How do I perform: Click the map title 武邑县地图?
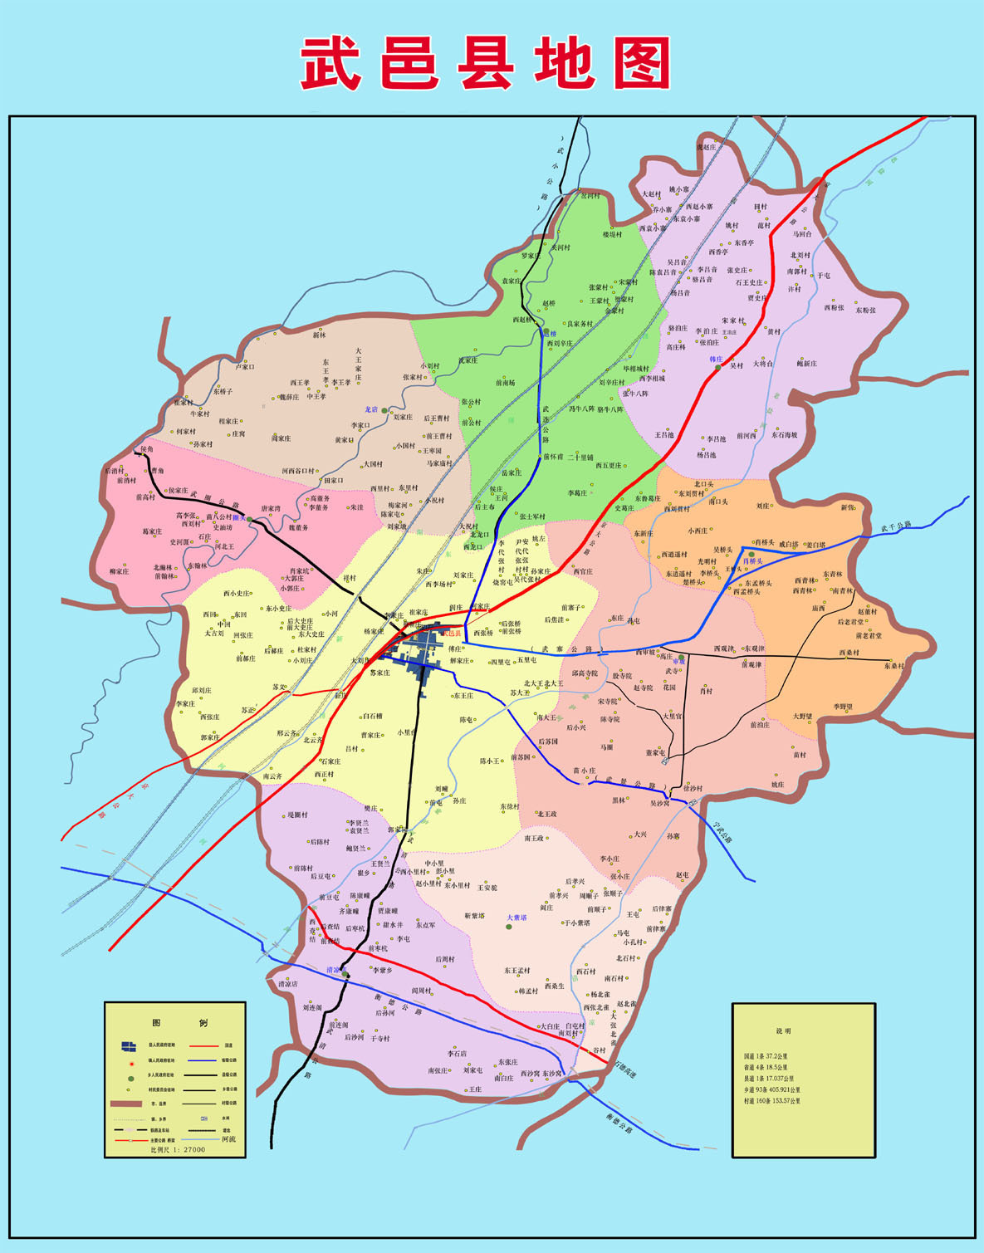(x=486, y=63)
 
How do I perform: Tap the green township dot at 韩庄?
(x=718, y=368)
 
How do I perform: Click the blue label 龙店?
(x=371, y=409)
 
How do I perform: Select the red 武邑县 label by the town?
(x=451, y=634)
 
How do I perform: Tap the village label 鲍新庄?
(x=807, y=363)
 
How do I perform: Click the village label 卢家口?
(x=245, y=366)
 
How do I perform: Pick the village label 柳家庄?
(x=120, y=571)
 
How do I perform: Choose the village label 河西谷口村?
(x=297, y=471)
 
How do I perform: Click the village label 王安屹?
(x=487, y=888)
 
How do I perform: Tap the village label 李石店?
(x=458, y=1054)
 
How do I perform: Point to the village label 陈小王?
(x=490, y=761)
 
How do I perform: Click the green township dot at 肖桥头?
(x=751, y=554)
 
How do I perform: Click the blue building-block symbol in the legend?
(x=129, y=1046)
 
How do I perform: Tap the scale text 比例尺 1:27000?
(x=178, y=1149)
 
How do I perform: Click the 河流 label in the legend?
(x=228, y=1139)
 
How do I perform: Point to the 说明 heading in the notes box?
(x=784, y=1030)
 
